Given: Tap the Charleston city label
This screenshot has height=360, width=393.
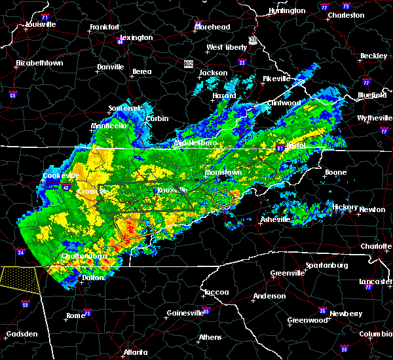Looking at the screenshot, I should [x=346, y=15].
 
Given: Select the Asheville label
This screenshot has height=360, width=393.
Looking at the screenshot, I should [x=274, y=219].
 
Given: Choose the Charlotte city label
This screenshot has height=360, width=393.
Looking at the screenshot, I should [x=377, y=246].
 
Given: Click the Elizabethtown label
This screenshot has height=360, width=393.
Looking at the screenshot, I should [x=39, y=63].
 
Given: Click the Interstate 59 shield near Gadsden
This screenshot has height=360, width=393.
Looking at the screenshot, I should [x=25, y=304].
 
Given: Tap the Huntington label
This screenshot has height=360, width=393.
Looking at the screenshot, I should [x=287, y=10].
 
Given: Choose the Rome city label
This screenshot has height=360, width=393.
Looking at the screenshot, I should [x=75, y=315].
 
